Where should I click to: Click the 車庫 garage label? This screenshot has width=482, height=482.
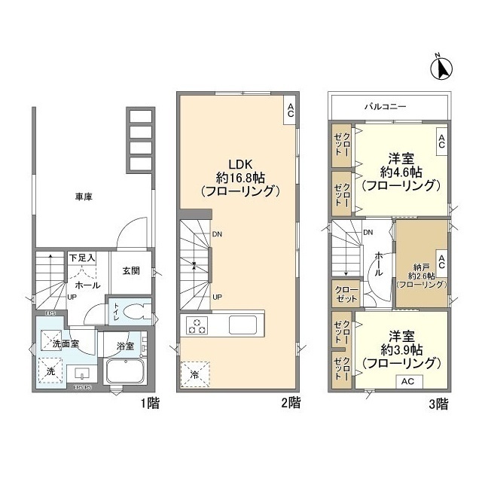pos(84,197)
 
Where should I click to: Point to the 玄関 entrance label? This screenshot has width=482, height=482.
pos(131,271)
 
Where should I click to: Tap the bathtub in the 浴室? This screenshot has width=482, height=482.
pos(127,371)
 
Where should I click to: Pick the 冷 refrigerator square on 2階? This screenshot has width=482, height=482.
pos(195,372)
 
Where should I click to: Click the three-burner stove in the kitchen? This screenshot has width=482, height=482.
pos(198,326)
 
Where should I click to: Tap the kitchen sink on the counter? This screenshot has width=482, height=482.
pos(245,325)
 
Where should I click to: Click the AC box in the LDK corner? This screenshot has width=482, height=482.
pos(290,111)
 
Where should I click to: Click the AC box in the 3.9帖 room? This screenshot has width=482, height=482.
pos(407,381)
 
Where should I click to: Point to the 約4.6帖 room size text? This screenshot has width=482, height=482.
pos(398,171)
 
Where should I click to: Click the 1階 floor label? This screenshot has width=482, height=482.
pos(148,403)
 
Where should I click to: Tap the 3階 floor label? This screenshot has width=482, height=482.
pos(439,403)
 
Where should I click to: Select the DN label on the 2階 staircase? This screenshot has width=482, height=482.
pos(218,233)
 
